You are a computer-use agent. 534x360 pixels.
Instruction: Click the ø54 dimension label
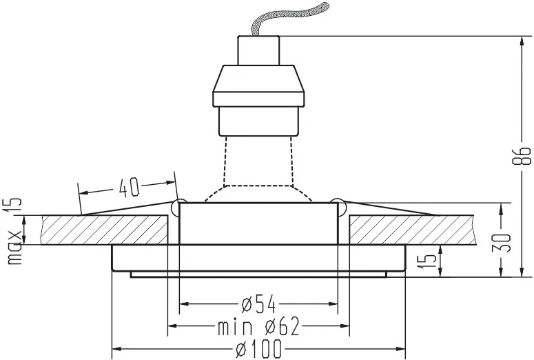(258, 304)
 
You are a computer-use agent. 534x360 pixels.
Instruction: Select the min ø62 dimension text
(258, 327)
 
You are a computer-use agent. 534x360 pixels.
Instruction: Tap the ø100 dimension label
(259, 349)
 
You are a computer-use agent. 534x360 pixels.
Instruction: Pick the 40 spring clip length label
(129, 187)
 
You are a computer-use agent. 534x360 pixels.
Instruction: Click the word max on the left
(14, 248)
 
